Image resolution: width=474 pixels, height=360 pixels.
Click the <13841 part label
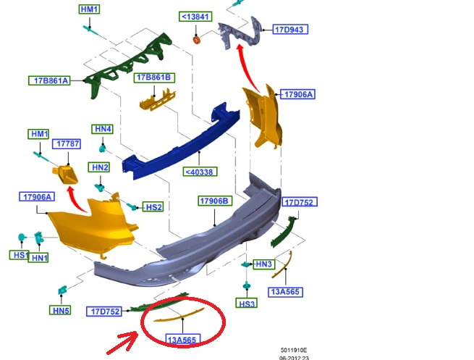[195, 17]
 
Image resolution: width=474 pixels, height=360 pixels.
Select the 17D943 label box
[290, 30]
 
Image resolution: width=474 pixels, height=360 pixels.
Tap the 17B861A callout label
[49, 80]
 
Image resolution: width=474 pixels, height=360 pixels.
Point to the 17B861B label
[154, 78]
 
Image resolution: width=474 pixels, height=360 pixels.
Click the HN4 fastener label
[103, 129]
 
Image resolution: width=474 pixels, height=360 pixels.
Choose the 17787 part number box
[67, 143]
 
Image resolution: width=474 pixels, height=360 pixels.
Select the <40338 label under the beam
[200, 172]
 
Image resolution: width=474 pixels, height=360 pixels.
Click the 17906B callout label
[215, 201]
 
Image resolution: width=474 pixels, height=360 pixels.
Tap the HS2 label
[153, 207]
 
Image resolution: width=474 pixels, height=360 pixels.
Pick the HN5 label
[60, 310]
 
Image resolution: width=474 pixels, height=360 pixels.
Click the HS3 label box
[246, 303]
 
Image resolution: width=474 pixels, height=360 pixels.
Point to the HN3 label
[263, 264]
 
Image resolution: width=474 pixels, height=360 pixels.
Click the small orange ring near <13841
[197, 40]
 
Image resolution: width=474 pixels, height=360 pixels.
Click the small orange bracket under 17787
[65, 175]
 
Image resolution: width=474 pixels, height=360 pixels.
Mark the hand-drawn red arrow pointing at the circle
[123, 343]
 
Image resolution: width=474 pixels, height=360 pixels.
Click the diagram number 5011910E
[294, 350]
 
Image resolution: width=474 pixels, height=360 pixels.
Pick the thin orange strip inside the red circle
[179, 315]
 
